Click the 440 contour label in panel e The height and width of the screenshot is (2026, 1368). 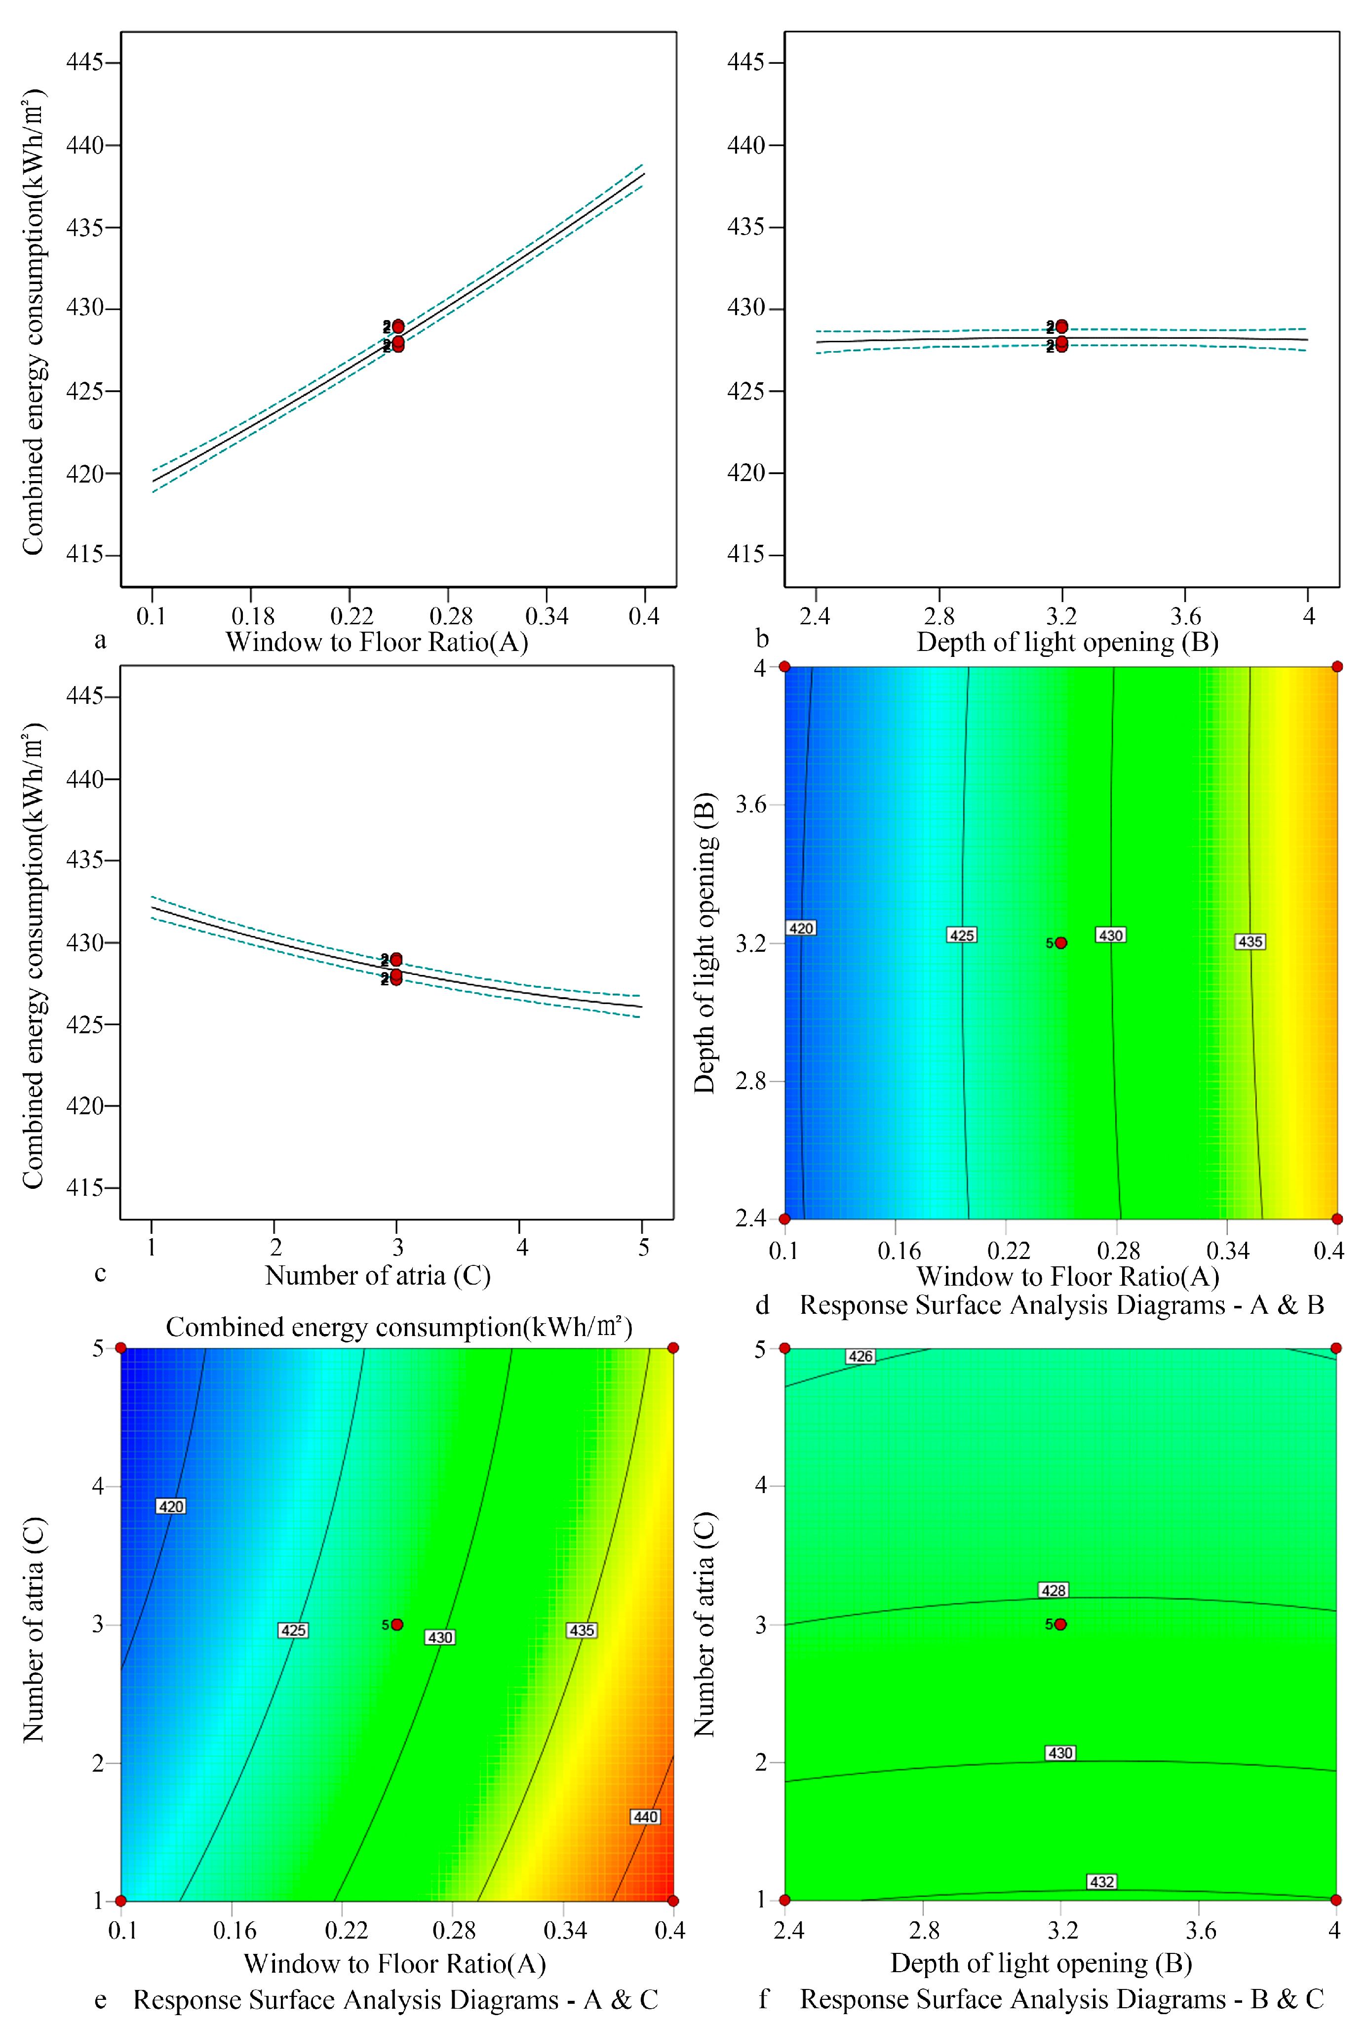click(x=645, y=1817)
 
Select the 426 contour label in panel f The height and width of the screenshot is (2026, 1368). click(x=860, y=1356)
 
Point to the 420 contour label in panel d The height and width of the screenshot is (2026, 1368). click(x=801, y=929)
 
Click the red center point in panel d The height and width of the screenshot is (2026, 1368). click(x=1060, y=942)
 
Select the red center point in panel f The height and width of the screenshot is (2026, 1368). click(x=1060, y=1624)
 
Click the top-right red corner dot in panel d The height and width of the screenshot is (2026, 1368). click(x=1336, y=667)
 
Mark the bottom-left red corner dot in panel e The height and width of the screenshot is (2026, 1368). click(x=121, y=1901)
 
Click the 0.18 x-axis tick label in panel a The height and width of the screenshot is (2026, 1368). click(x=252, y=616)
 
